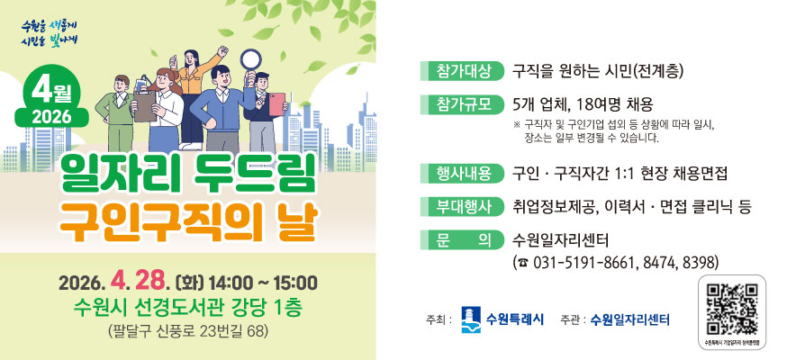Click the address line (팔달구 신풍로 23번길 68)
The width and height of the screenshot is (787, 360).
pos(187,330)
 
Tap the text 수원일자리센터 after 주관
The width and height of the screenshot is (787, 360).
pos(630,319)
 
